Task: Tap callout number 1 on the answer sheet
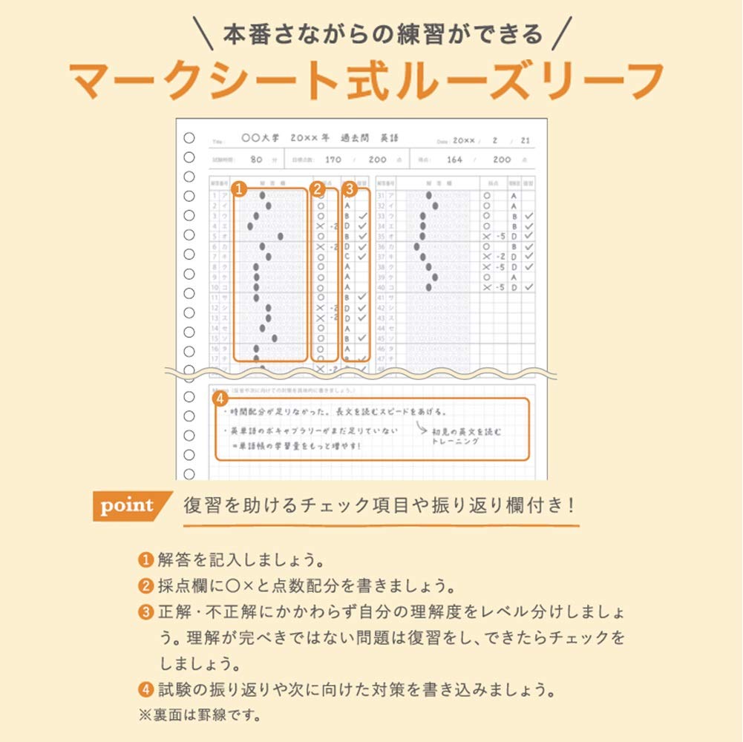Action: coord(239,189)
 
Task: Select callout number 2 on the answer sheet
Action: coord(318,189)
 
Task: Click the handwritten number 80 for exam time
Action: coord(257,160)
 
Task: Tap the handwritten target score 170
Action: coord(333,160)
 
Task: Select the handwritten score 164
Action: coord(454,160)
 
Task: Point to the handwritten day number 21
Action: coord(525,139)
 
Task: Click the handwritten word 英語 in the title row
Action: coord(389,138)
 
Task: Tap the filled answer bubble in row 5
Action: coord(281,236)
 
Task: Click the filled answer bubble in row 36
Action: coord(417,246)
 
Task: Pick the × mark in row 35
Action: coord(487,236)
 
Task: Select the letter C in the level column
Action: coord(347,256)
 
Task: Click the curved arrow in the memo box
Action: coord(421,428)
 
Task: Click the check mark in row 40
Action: coord(528,287)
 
